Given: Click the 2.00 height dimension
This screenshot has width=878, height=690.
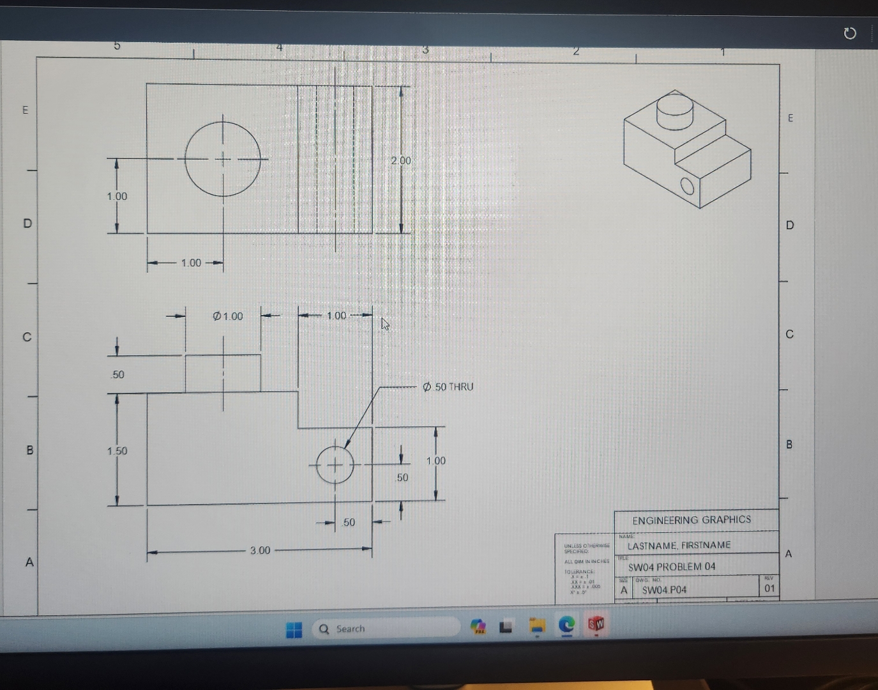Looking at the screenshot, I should tap(401, 160).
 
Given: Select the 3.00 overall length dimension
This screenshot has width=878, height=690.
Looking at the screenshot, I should tap(260, 550).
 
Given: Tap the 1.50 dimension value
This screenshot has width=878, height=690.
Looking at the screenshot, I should tap(117, 450).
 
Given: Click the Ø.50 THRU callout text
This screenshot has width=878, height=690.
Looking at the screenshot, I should tap(448, 387).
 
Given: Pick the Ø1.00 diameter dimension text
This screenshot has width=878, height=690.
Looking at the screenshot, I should tap(228, 316).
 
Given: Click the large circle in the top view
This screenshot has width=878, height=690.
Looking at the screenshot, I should tap(223, 158).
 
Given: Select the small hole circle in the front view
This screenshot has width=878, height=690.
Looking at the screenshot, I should tap(335, 464).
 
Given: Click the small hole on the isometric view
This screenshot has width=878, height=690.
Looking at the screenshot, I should tap(687, 186).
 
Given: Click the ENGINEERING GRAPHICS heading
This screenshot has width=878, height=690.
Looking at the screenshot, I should tap(692, 520).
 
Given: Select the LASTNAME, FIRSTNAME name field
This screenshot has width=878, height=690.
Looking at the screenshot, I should tap(679, 546).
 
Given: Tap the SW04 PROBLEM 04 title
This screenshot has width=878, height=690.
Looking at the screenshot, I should tap(672, 567).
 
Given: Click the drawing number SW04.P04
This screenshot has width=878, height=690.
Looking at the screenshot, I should tap(664, 590).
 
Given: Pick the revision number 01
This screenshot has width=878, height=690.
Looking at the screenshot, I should tap(770, 588).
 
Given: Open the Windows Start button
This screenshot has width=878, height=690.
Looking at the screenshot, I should tap(294, 630).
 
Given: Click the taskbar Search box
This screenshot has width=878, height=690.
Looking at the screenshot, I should tap(386, 629).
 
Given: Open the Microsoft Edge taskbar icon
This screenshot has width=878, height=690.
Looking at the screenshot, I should tap(566, 625).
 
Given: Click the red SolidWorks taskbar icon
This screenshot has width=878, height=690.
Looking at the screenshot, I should tap(596, 624).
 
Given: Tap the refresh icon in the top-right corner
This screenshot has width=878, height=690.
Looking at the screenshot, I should tap(849, 33).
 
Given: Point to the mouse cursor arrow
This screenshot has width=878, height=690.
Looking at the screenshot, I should tap(384, 323).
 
